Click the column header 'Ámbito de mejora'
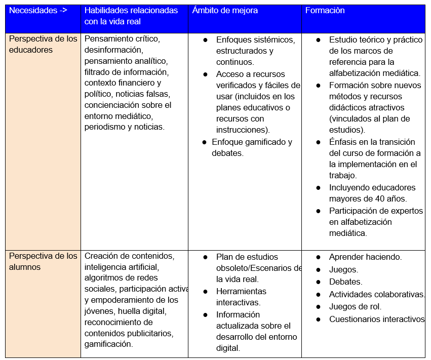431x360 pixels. tap(224, 11)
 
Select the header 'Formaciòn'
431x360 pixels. tap(324, 11)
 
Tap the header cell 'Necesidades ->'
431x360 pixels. tap(38, 11)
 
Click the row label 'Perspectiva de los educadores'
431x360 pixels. tap(43, 45)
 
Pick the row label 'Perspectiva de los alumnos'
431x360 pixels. tap(43, 262)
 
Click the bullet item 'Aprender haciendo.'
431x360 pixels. tap(365, 257)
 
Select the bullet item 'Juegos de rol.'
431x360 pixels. tap(355, 306)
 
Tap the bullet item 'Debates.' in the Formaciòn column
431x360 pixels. tap(345, 282)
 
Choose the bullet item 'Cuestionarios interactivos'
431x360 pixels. tap(376, 319)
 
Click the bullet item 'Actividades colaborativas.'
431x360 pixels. tap(377, 294)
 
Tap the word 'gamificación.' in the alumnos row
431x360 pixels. tap(109, 344)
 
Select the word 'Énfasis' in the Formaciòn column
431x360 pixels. tap(343, 142)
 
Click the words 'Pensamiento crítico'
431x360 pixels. tap(122, 39)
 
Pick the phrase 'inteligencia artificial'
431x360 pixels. tap(122, 267)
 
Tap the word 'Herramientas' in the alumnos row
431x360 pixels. tap(241, 292)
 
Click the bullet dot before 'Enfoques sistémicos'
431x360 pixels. tap(206, 39)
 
